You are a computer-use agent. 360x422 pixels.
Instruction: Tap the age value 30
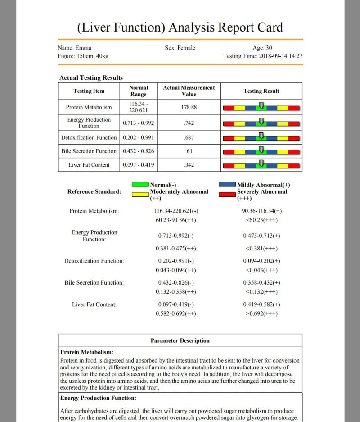coord(269,48)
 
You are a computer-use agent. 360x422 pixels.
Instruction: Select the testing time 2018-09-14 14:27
coord(280,56)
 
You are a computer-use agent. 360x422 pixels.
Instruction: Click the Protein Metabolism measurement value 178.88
coord(189,107)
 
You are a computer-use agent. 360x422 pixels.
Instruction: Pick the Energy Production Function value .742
coord(189,123)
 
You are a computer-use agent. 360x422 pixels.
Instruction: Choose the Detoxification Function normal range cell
coord(138,137)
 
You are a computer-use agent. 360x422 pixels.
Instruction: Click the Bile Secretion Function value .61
coord(189,151)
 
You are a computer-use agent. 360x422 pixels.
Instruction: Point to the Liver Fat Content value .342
coord(189,165)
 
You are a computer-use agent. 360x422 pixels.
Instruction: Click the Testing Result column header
coord(261,91)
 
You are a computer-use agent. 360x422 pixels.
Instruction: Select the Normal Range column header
coord(138,91)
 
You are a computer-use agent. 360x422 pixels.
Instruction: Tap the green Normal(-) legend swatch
coord(140,184)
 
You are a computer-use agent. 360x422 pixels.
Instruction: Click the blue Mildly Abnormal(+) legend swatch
coord(227,184)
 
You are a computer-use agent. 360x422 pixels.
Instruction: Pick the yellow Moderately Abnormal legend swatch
coord(140,195)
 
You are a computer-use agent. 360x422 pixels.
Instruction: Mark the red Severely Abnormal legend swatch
coord(227,195)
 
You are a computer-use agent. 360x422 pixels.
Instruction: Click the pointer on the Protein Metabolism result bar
coord(261,105)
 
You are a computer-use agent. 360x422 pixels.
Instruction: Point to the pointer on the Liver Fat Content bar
coord(261,163)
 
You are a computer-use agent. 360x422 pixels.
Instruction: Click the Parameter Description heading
coord(180,340)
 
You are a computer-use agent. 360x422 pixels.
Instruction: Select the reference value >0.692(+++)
coord(261,313)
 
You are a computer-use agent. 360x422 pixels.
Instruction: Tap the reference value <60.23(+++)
coord(261,220)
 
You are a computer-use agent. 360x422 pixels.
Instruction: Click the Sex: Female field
coord(180,48)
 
